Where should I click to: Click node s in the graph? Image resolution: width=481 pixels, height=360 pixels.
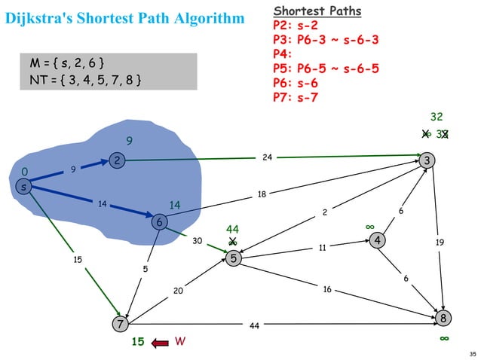[x=24, y=187]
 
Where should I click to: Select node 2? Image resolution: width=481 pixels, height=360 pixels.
[x=117, y=160]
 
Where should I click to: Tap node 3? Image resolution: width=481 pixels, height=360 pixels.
[x=428, y=160]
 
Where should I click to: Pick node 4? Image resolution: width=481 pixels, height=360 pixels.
[x=376, y=240]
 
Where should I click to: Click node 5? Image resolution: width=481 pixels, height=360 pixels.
[x=234, y=258]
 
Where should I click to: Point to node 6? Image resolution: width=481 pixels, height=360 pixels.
[x=159, y=222]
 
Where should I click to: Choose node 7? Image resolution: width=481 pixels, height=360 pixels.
[x=119, y=325]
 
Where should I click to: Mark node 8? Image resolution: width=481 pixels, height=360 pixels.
[x=445, y=319]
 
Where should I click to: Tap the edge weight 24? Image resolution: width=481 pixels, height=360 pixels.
[x=268, y=157]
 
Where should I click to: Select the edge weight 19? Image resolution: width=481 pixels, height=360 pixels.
[x=440, y=242]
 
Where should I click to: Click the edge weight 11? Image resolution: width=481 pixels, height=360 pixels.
[x=321, y=246]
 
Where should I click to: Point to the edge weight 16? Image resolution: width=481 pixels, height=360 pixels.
[x=327, y=288]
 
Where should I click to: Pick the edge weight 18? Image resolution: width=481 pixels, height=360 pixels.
[x=262, y=194]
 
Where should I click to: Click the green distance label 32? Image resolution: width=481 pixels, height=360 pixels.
[x=437, y=117]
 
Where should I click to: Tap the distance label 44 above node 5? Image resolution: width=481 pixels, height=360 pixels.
[x=233, y=229]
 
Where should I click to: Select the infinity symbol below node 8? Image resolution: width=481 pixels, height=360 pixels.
[x=445, y=340]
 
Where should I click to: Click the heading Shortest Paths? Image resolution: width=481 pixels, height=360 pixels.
[x=317, y=11]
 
